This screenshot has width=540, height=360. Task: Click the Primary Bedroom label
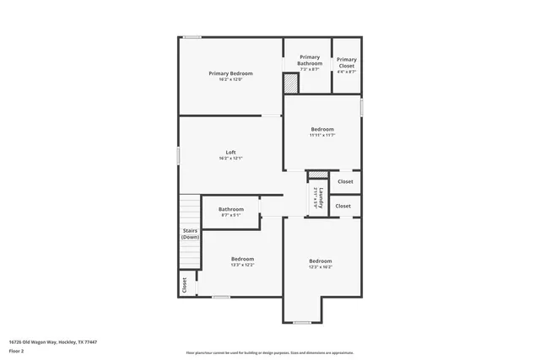tap(230, 73)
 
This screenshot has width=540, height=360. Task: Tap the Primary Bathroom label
tap(310, 60)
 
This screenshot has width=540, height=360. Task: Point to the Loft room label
tap(230, 153)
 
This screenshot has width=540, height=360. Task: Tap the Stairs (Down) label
tap(190, 234)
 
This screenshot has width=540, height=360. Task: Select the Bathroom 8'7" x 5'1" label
tap(230, 209)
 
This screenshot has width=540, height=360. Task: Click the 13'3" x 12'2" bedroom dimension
tap(242, 265)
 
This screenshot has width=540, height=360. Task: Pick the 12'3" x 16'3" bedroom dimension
tap(320, 266)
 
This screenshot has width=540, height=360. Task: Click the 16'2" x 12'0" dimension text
tap(230, 79)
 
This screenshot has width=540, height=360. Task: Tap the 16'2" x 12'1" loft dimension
tap(230, 159)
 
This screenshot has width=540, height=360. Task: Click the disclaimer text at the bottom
tap(270, 352)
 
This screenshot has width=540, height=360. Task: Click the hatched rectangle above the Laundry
tap(317, 175)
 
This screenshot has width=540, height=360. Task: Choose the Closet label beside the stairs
tap(184, 285)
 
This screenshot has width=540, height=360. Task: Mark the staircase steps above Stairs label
tap(190, 209)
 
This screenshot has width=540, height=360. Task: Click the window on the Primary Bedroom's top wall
tap(193, 36)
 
